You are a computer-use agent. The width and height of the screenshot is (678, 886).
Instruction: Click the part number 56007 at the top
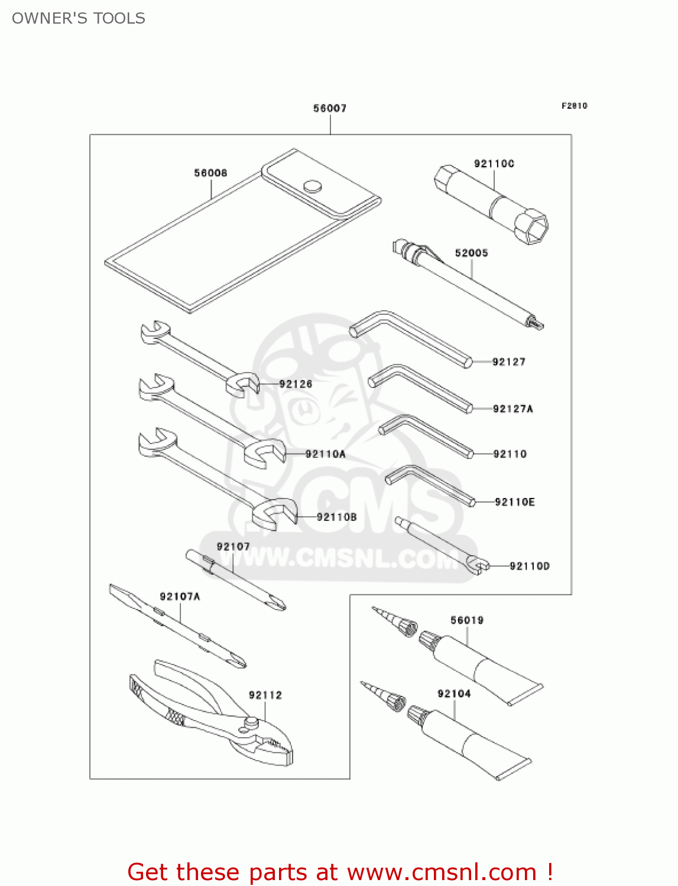point(330,108)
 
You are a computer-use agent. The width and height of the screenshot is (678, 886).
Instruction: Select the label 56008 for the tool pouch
point(210,173)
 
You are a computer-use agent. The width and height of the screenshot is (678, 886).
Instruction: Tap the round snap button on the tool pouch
point(313,187)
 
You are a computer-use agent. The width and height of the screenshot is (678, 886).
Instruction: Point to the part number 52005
point(471,253)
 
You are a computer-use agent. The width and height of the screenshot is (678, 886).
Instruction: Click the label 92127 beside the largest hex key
point(508,362)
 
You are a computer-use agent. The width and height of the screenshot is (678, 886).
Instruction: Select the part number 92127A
point(512,409)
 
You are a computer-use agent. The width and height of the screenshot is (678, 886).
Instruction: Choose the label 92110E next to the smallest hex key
point(514,502)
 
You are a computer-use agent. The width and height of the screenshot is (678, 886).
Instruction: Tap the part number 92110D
point(529,566)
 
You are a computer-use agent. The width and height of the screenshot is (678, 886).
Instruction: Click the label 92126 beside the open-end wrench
point(296,384)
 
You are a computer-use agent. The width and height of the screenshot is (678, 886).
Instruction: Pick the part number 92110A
point(325,454)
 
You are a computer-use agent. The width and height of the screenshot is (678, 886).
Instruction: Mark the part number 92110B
point(336,517)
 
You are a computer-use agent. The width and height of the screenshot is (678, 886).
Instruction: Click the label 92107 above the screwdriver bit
point(233,547)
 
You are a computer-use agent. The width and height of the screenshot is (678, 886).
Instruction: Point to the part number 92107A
point(180,597)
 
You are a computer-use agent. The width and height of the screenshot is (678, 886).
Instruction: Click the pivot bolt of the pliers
point(251,722)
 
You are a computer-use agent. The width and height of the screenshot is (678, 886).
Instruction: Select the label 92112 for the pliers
point(265,695)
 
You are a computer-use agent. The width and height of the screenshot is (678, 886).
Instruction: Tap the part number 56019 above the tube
point(466,620)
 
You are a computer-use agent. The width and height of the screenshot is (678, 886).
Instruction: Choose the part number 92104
point(454,693)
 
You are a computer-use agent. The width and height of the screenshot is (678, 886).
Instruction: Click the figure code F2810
point(574,106)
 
